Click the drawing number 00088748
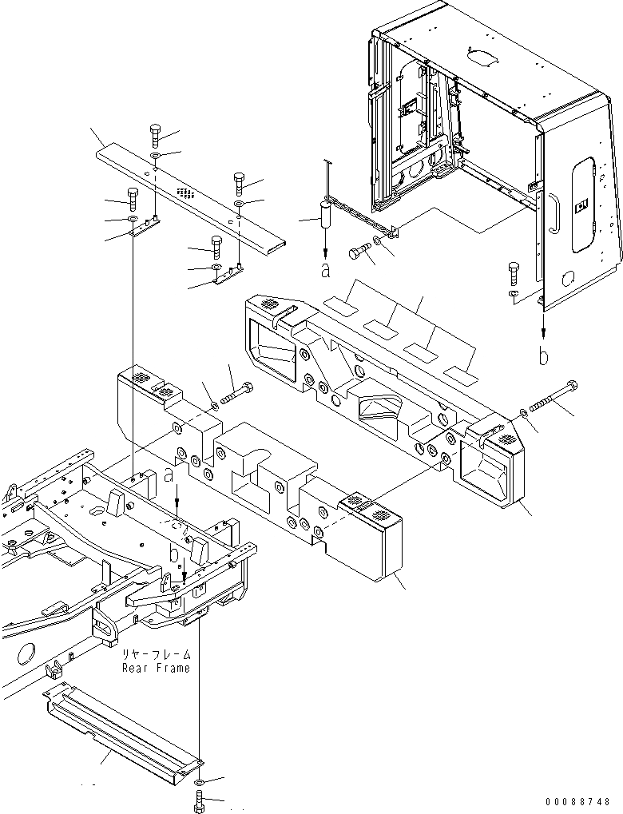tap(578, 801)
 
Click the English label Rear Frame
tap(156, 668)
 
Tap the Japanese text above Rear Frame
tap(156, 654)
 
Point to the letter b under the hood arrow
tap(544, 357)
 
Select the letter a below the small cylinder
tap(325, 271)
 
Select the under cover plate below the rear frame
tap(120, 723)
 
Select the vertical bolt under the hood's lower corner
tap(513, 273)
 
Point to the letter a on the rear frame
tap(169, 476)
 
